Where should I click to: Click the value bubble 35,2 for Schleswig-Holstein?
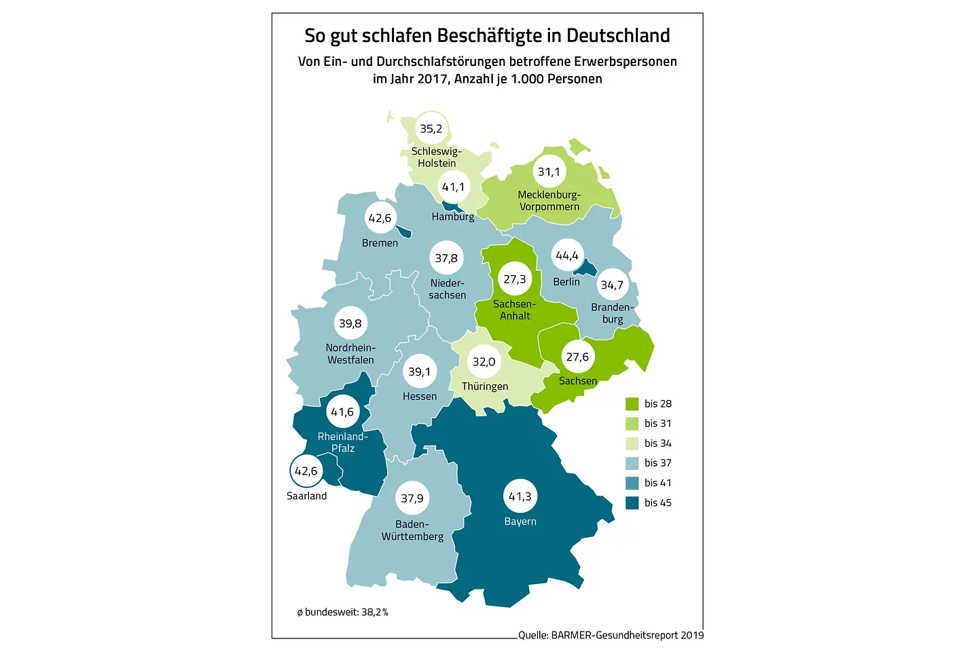pos(431,128)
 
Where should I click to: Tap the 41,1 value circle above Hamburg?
pos(453,187)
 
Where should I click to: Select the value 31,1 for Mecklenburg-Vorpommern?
pos(549,172)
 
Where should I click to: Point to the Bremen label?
pos(380,243)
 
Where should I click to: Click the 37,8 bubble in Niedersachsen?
pos(446,258)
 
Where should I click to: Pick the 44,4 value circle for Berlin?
pos(567,255)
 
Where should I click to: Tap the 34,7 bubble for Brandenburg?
pos(612,285)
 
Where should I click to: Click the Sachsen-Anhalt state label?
pos(515,310)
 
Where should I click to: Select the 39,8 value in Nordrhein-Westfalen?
pos(350,323)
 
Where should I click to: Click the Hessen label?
pos(420,397)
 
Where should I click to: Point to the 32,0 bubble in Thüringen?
pos(484,362)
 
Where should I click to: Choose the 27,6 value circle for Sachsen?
pos(577,357)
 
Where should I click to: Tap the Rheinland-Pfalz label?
pos(343,442)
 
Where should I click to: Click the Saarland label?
pos(306,496)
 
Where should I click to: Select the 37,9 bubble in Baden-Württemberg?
pos(412,499)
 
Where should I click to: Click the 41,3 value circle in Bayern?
pos(520,496)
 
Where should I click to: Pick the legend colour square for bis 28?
pos(632,404)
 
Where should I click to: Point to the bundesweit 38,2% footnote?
pos(343,612)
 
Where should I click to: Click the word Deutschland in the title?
pos(618,35)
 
